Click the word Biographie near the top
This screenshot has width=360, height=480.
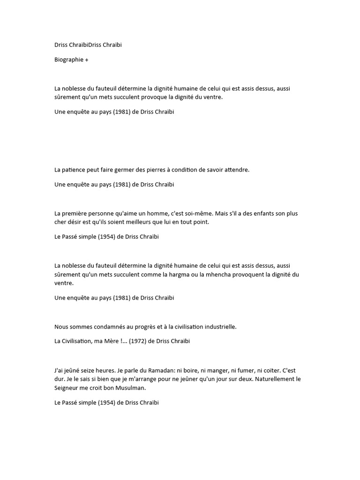68,60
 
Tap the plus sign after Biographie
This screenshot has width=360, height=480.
87,60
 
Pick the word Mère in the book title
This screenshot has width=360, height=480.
110,341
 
